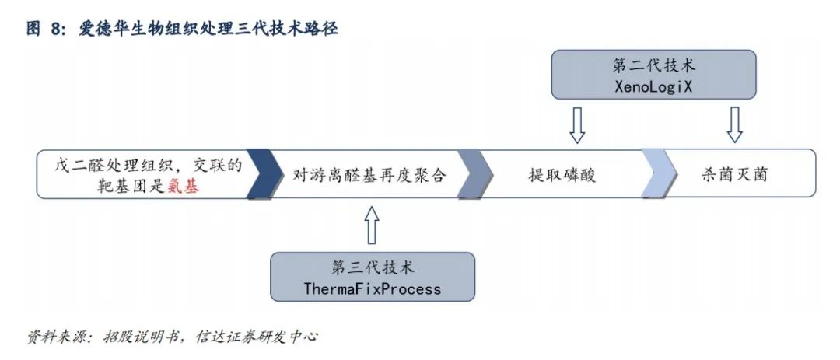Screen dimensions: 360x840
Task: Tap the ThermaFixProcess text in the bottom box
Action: [373, 289]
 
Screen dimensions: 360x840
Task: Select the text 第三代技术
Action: [373, 268]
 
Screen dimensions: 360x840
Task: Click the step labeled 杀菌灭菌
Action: [734, 173]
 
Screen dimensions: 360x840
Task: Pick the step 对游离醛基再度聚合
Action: [369, 173]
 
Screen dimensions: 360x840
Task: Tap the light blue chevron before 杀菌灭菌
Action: [658, 173]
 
